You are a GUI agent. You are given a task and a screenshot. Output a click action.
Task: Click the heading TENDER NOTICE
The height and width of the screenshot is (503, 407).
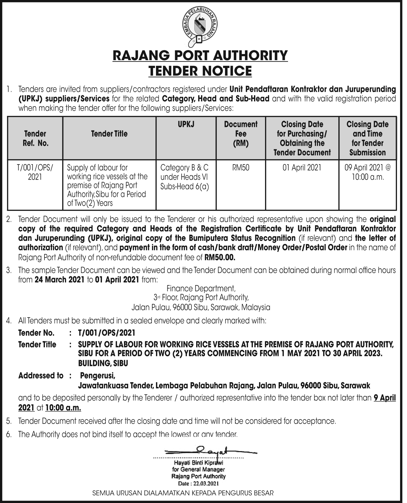[200, 71]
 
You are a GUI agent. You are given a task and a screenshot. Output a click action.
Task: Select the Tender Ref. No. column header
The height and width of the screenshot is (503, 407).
[35, 138]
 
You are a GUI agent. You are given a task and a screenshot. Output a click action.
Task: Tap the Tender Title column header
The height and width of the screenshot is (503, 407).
[109, 134]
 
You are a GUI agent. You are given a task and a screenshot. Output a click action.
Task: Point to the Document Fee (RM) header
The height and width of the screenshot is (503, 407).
[241, 134]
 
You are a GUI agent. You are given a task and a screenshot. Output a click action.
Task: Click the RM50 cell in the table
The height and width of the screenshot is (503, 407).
[241, 168]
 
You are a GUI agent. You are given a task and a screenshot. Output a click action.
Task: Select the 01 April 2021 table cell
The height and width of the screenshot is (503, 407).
[302, 168]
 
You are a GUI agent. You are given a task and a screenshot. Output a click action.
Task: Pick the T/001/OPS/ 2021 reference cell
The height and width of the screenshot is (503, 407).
[35, 172]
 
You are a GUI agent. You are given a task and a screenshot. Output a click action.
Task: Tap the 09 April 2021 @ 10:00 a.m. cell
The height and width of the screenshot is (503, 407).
[368, 172]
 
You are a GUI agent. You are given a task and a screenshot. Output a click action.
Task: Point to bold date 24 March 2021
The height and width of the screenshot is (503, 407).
[60, 280]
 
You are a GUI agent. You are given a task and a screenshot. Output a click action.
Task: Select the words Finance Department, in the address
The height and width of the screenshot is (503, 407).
[201, 288]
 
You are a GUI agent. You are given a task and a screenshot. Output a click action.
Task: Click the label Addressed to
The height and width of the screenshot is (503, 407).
[41, 376]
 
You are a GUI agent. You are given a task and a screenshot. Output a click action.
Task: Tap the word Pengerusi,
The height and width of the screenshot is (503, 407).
[98, 376]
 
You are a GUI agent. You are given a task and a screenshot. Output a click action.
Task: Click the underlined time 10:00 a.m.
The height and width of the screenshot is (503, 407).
[63, 408]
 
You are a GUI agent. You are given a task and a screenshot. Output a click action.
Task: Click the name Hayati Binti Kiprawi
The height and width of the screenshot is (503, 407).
[198, 463]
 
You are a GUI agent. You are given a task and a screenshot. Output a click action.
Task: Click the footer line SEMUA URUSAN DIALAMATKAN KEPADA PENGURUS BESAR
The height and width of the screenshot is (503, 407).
[183, 493]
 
